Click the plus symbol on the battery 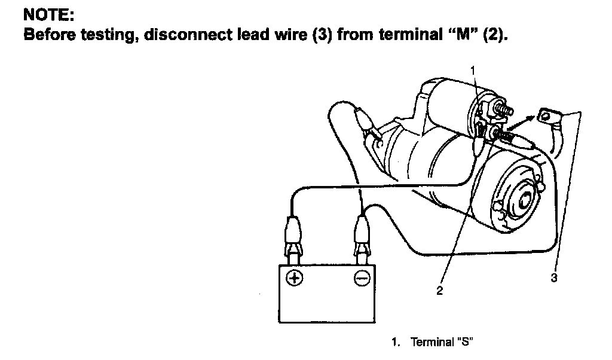pyautogui.click(x=294, y=278)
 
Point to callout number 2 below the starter pyautogui.click(x=440, y=291)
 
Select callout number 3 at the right pyautogui.click(x=554, y=278)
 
